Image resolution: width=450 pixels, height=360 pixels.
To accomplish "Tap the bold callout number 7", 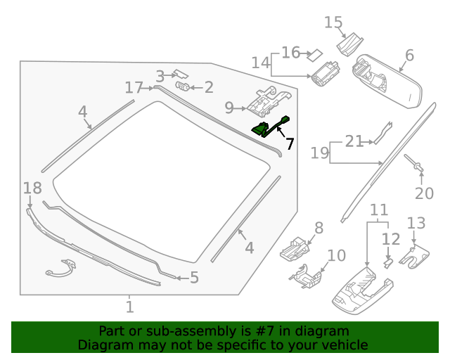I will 290,143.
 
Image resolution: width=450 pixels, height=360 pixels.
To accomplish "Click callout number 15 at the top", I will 333,22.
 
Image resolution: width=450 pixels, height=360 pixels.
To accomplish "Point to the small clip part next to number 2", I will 182,86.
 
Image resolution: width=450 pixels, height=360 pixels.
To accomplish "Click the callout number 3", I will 160,76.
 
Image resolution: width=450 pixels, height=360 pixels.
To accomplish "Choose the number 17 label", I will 134,87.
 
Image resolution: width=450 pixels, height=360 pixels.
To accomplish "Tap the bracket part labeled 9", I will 267,102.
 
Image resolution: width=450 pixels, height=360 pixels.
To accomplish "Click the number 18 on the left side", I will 32,188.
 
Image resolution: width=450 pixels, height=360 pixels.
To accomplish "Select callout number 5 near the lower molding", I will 194,278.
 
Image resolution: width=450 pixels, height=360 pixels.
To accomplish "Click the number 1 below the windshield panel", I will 129,307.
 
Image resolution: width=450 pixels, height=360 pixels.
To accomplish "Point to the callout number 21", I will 354,141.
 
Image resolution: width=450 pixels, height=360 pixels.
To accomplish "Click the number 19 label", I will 320,153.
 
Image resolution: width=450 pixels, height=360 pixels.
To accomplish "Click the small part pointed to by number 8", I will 295,247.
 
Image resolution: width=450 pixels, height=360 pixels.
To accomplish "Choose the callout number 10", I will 337,255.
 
